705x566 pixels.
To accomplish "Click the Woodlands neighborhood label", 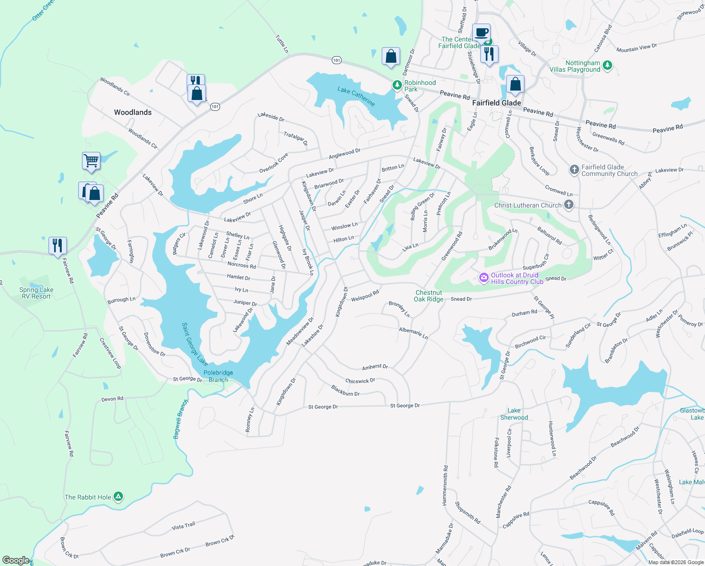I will coord(132,112).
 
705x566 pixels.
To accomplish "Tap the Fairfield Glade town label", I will coord(496,103).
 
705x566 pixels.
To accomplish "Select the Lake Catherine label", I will coord(356,96).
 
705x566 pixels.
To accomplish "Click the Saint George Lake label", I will coord(195,344).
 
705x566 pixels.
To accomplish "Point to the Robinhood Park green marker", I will coord(397,85).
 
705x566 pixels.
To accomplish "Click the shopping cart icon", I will coord(91,160).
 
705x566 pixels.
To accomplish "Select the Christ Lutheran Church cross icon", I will coord(569,205).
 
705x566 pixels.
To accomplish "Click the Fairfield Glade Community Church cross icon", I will coord(574,170).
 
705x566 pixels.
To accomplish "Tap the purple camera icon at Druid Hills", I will coord(484,278).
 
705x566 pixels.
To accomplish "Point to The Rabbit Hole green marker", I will coord(119,497).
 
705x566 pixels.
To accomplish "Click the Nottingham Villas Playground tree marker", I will coord(607,65).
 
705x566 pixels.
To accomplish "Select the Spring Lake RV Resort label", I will coord(36,293).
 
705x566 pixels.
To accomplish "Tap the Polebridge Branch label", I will coord(218,376).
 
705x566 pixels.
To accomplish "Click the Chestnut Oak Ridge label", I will coord(428,296).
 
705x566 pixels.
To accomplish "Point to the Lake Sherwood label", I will coord(514,414).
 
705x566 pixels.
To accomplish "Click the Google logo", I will coord(16,560).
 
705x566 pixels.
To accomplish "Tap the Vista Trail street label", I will coord(183,526).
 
